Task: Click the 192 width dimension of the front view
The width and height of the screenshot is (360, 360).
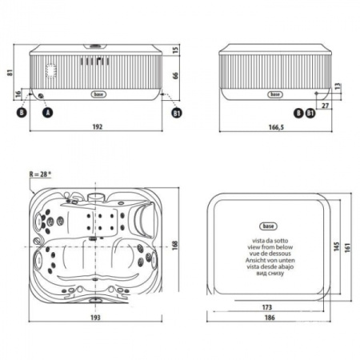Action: [98, 127]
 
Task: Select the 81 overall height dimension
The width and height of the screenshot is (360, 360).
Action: [6, 73]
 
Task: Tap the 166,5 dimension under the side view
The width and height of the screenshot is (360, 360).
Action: [275, 127]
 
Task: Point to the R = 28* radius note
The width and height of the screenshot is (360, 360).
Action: [39, 173]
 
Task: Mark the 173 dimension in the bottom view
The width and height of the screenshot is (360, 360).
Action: [266, 306]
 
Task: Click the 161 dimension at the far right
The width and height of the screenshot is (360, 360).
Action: [349, 249]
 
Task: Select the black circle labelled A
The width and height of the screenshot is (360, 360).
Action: [46, 113]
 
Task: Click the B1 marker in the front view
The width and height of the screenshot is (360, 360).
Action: [177, 113]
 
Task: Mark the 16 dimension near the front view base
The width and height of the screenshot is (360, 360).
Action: [18, 94]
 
